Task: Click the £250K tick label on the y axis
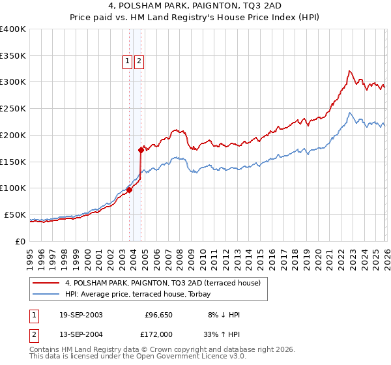pos(13,109)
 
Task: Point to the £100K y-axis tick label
pos(13,188)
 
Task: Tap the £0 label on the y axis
pos(20,241)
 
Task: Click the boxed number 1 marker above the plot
pos(127,62)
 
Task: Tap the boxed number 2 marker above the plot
pos(139,62)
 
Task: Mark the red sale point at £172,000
pos(141,150)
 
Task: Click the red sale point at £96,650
pos(129,190)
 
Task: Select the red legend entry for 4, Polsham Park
pos(163,283)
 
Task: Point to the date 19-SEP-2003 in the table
pos(81,315)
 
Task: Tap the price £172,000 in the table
pos(158,334)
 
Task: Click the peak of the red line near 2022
pos(350,71)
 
